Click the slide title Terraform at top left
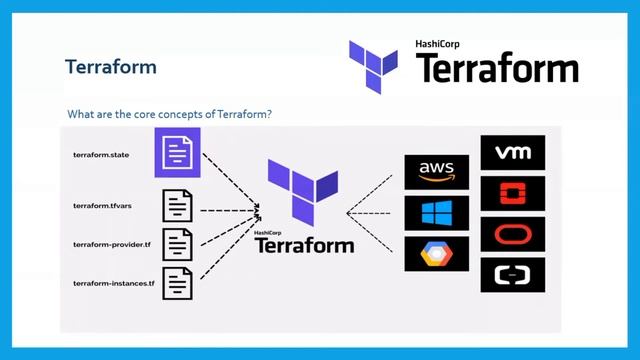[x=110, y=67]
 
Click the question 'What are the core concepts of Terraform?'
[x=169, y=114]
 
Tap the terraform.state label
[x=103, y=155]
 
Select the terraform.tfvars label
[x=106, y=205]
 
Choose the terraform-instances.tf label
[x=114, y=283]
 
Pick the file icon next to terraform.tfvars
[x=178, y=205]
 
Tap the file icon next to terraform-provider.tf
[x=178, y=244]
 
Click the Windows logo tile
[x=437, y=213]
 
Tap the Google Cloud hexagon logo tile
[x=437, y=254]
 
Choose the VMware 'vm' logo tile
[x=513, y=152]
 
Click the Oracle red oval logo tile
[x=513, y=234]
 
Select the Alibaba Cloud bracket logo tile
[x=513, y=274]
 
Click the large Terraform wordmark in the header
[x=496, y=68]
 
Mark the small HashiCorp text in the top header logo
[x=442, y=45]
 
